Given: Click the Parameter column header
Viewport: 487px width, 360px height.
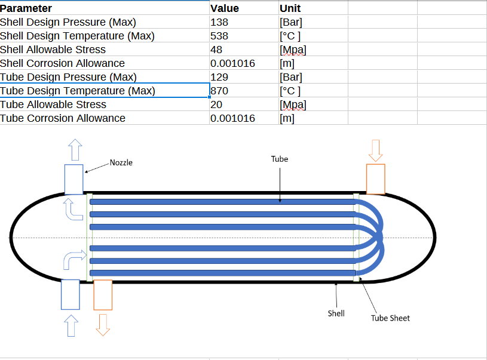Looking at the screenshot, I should tap(26, 8).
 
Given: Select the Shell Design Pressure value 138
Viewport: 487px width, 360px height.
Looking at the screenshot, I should tap(219, 22).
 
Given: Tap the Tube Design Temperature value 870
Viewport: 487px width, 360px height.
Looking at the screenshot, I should tap(220, 91).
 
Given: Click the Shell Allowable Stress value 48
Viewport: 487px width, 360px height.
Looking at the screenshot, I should tap(216, 50).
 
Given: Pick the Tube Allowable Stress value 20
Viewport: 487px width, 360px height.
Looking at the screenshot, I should tap(216, 104).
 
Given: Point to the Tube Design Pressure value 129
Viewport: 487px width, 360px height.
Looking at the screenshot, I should tap(219, 77).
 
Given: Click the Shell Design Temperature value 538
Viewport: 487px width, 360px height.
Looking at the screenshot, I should tap(219, 36).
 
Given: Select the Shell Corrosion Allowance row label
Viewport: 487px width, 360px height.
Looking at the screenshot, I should tap(62, 63).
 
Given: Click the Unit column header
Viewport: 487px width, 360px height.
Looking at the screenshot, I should tap(290, 8).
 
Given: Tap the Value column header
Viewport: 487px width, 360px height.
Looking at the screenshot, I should tap(225, 8).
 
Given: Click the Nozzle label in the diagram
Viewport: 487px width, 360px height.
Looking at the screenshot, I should tap(121, 162).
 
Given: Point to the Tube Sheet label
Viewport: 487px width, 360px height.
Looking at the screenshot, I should tap(390, 318).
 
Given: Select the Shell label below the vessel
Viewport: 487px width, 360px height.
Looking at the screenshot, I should tap(336, 313).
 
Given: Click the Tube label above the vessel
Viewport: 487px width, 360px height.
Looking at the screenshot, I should tap(280, 159).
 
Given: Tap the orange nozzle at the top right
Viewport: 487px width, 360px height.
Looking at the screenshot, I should tap(375, 179).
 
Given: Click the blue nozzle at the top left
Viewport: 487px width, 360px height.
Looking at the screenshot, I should tap(73, 179).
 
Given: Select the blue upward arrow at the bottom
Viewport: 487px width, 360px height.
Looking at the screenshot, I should tap(71, 326).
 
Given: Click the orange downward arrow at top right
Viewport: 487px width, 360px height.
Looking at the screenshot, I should tap(375, 150).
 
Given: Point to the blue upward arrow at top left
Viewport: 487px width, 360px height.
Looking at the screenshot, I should tap(74, 149).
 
